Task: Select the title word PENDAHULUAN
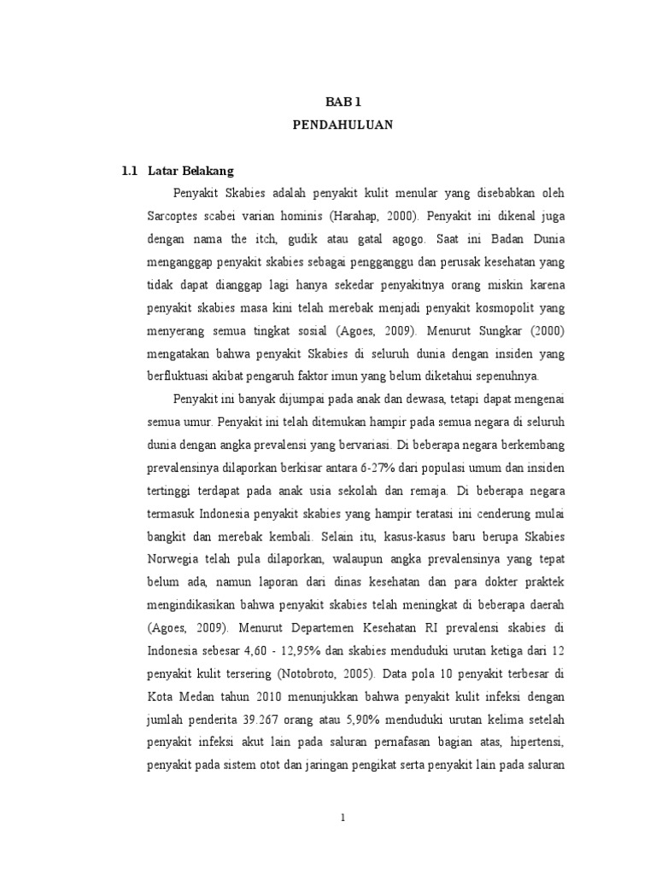click(x=343, y=125)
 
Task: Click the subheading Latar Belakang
click(x=190, y=170)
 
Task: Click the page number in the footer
click(x=343, y=817)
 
